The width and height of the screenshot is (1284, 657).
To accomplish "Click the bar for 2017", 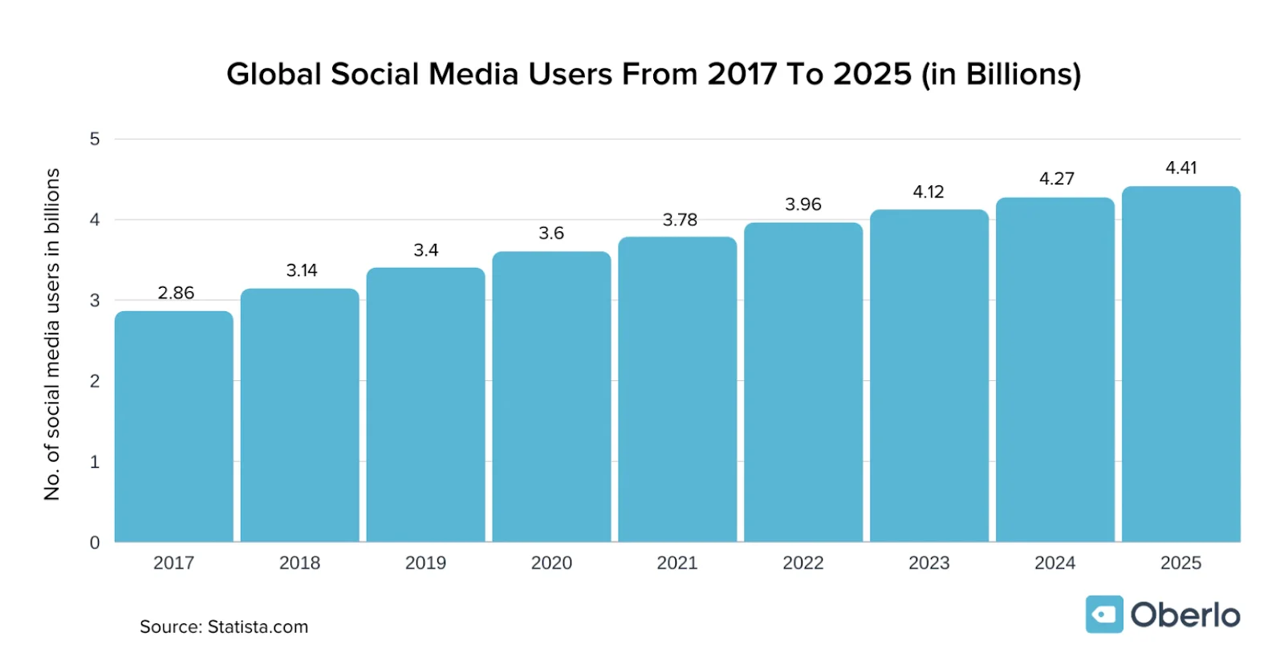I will coord(173,425).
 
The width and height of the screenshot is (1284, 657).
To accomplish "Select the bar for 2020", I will coord(551,397).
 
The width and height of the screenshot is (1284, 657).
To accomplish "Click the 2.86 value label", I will coord(176,293).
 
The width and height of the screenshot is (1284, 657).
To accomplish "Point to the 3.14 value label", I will coord(302,270).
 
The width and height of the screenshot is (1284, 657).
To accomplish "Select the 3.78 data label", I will coord(680,220).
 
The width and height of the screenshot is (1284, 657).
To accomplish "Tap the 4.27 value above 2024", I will coord(1056,179).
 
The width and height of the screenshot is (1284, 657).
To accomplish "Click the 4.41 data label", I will coord(1180,168).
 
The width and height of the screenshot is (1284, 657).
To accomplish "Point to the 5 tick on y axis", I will coord(95,139).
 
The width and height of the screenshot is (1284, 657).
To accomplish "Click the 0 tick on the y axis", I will coord(95,543).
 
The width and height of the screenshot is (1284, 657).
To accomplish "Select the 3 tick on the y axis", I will coord(95,301).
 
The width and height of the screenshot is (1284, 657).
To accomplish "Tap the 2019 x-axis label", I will coord(425,563).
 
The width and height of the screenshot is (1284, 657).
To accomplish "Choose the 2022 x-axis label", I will coord(802,563).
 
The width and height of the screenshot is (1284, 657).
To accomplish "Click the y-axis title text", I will coord(52,334).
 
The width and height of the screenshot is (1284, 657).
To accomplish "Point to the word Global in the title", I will coord(274,75).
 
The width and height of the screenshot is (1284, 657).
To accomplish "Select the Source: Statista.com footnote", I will coord(224,627).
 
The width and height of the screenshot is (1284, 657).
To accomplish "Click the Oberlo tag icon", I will coord(1103,614).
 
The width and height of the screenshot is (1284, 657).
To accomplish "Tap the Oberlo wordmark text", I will coord(1184,615).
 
